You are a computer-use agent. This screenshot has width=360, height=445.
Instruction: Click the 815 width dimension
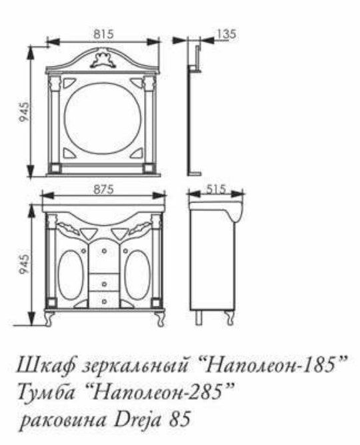pyautogui.click(x=103, y=34)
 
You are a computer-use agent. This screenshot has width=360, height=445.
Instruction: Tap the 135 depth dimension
pyautogui.click(x=227, y=34)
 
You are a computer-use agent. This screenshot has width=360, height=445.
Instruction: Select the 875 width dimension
pyautogui.click(x=103, y=189)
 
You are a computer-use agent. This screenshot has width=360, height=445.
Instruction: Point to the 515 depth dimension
pyautogui.click(x=216, y=189)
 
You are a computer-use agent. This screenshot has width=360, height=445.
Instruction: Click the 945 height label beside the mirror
pyautogui.click(x=24, y=112)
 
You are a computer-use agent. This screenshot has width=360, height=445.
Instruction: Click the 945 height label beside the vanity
pyautogui.click(x=24, y=264)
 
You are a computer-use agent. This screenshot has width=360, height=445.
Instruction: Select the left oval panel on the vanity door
pyautogui.click(x=71, y=274)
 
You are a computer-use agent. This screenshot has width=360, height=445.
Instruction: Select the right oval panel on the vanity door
pyautogui.click(x=138, y=274)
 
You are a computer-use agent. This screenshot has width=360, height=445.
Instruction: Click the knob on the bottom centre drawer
pyautogui.click(x=104, y=301)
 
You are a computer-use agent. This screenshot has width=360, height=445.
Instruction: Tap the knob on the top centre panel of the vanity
pyautogui.click(x=104, y=251)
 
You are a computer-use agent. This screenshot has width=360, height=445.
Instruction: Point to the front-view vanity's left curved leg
pyautogui.click(x=50, y=318)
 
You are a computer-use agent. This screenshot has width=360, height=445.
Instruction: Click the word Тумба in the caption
pyautogui.click(x=47, y=392)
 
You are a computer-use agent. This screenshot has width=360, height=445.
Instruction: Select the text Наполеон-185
pyautogui.click(x=273, y=366)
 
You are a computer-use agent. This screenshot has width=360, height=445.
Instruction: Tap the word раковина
pyautogui.click(x=64, y=420)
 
